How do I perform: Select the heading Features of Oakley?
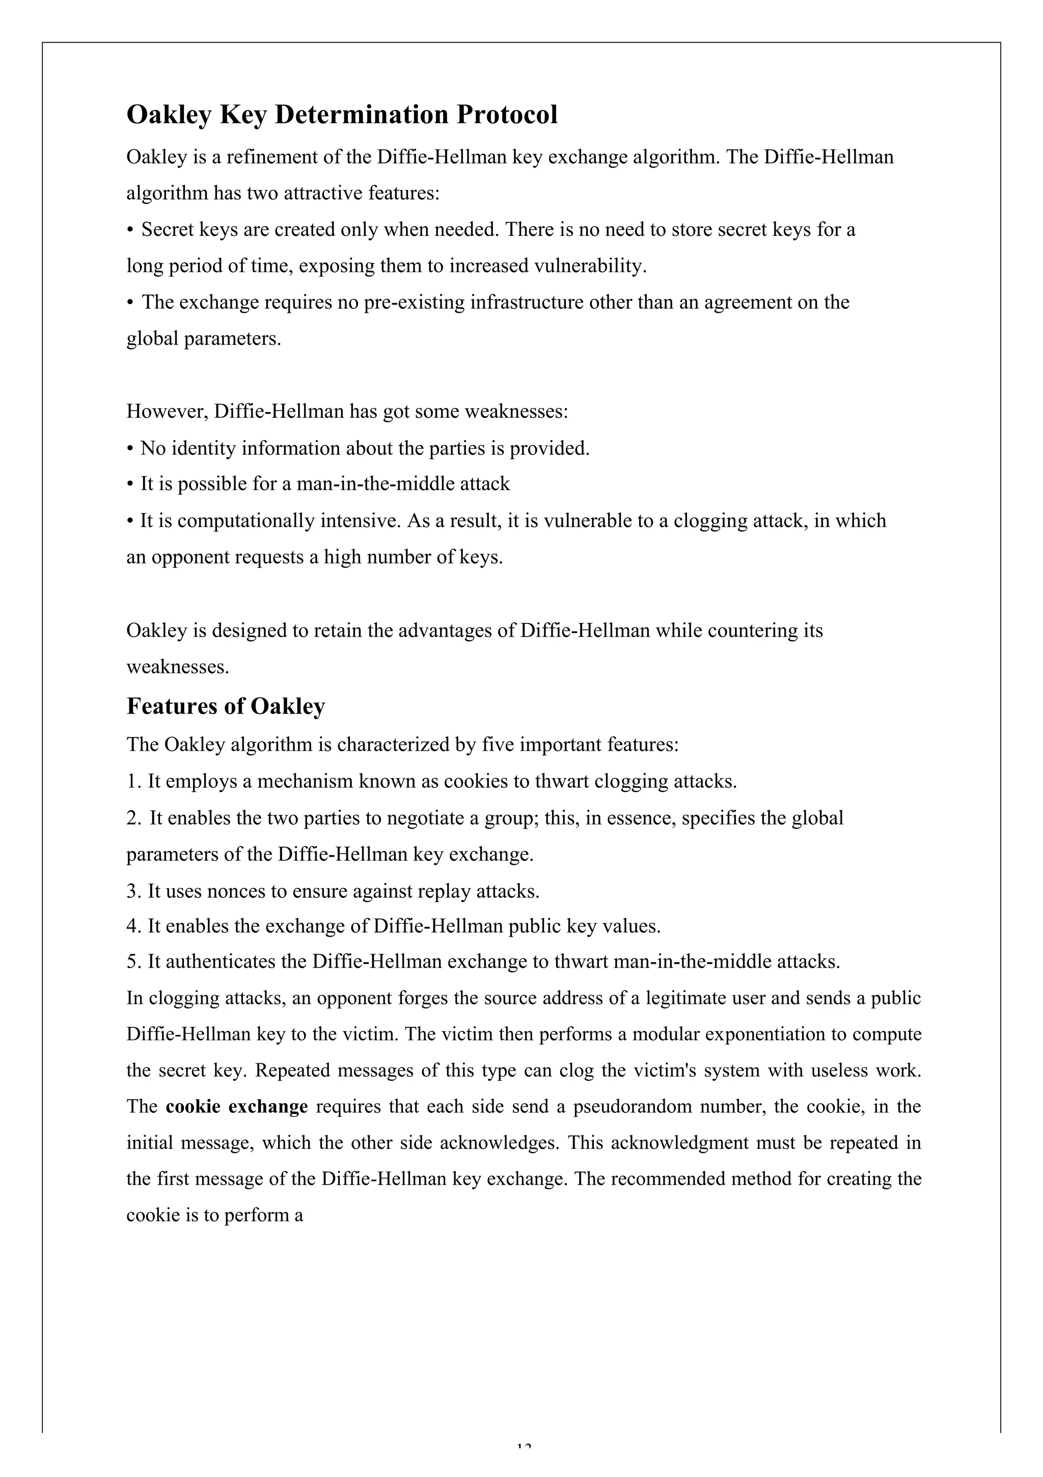click(x=225, y=706)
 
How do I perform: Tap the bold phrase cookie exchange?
click(x=236, y=1106)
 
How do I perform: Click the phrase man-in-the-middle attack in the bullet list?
click(x=403, y=484)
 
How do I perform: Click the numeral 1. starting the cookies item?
click(x=133, y=782)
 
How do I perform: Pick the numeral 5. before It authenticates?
click(x=133, y=962)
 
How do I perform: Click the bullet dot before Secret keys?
click(x=130, y=230)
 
